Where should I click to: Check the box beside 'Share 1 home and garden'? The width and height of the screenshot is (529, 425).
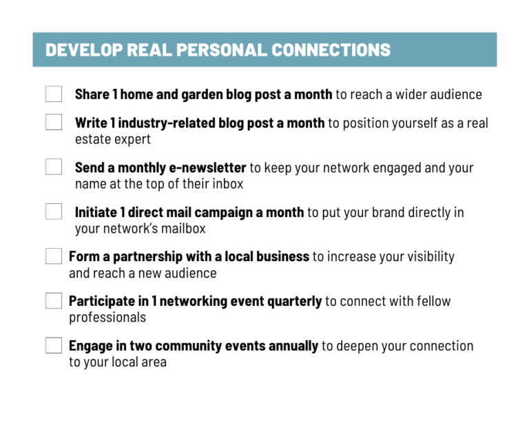54,94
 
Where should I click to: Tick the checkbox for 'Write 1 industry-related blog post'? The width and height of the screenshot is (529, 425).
54,123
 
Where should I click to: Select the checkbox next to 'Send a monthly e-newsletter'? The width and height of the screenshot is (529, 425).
54,167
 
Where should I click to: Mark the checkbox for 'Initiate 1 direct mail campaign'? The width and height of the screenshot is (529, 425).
54,211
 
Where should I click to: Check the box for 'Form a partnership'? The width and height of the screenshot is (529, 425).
54,256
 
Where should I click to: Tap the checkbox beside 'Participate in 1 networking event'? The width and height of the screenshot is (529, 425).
54,301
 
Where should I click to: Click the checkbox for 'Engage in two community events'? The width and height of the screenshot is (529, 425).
54,345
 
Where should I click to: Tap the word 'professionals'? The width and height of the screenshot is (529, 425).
107,318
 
